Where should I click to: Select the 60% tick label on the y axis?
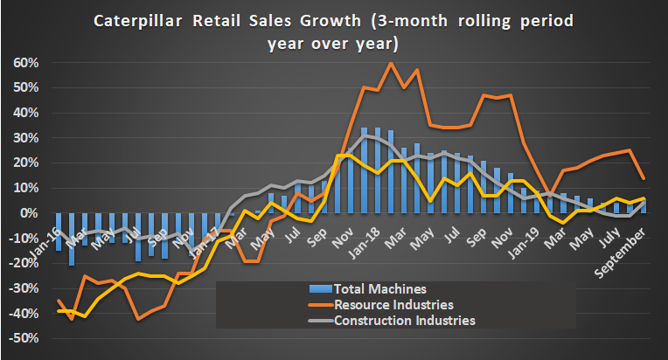(27, 63)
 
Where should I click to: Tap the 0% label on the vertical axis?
(31, 213)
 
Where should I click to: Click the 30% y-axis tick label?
(27, 138)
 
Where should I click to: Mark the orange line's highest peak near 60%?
(391, 63)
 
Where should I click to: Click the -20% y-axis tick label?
(25, 263)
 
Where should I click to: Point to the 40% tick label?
(27, 113)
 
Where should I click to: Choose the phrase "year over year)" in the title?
(333, 42)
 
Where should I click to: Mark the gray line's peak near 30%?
(365, 135)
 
